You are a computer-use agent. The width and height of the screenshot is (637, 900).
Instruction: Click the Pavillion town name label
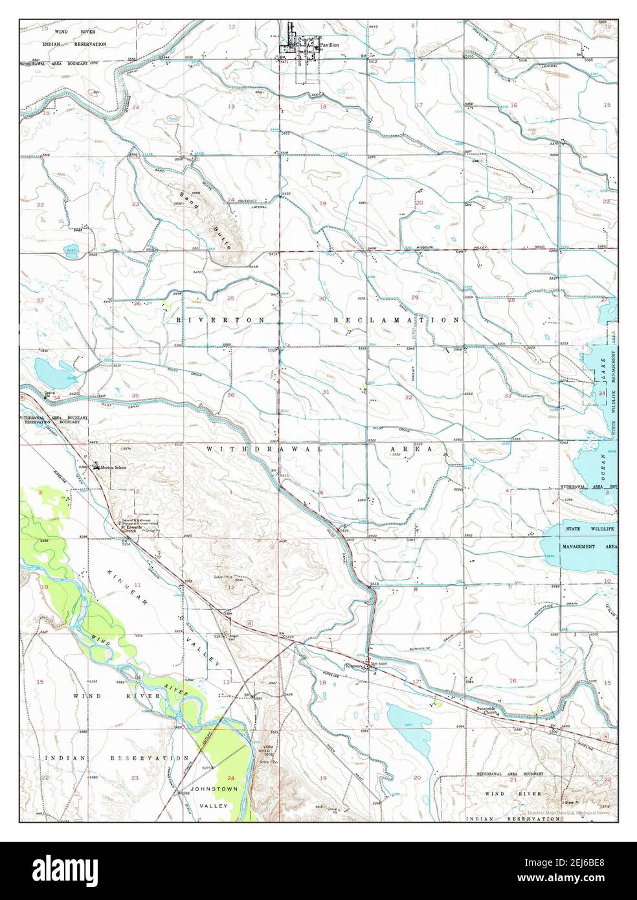pyautogui.click(x=330, y=46)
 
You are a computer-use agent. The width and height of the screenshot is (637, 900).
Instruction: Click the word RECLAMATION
pyautogui.click(x=397, y=320)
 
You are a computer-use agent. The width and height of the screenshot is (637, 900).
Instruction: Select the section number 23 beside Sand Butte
pyautogui.click(x=135, y=204)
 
